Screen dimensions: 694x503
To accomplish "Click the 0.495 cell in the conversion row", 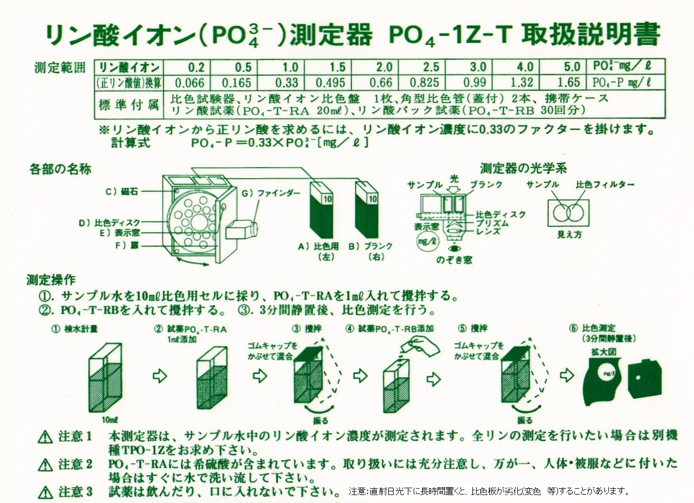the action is pyautogui.click(x=330, y=83).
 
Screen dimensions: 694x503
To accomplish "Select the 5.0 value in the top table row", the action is pyautogui.click(x=572, y=67).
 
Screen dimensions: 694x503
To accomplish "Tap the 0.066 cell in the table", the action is pyautogui.click(x=189, y=83).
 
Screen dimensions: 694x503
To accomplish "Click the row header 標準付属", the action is pyautogui.click(x=129, y=105).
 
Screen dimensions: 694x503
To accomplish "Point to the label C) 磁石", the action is pyautogui.click(x=122, y=191).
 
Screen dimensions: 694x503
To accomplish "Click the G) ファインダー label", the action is pyautogui.click(x=271, y=194).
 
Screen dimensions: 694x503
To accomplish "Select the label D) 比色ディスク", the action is pyautogui.click(x=109, y=222).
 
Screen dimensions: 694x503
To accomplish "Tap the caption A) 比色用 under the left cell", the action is pyautogui.click(x=318, y=246).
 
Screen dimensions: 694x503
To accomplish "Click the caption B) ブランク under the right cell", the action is pyautogui.click(x=370, y=246).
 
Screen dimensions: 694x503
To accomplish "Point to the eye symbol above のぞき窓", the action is pyautogui.click(x=454, y=248).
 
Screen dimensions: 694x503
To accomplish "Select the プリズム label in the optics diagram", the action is pyautogui.click(x=492, y=223).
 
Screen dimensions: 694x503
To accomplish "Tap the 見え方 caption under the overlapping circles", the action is pyautogui.click(x=570, y=234).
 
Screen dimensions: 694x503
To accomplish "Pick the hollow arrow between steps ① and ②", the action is pyautogui.click(x=160, y=376).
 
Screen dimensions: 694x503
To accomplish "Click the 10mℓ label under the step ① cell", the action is pyautogui.click(x=110, y=420).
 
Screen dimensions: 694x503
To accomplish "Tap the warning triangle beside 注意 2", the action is pyautogui.click(x=45, y=465).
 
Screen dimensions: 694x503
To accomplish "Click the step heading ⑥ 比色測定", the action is pyautogui.click(x=592, y=328).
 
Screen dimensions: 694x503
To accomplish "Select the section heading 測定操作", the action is pyautogui.click(x=51, y=280).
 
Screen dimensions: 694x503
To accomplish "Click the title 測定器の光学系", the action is pyautogui.click(x=523, y=169).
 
